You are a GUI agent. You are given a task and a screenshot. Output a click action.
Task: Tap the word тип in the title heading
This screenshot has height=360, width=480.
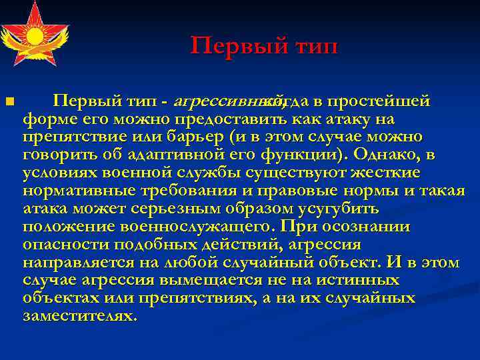(313, 46)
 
